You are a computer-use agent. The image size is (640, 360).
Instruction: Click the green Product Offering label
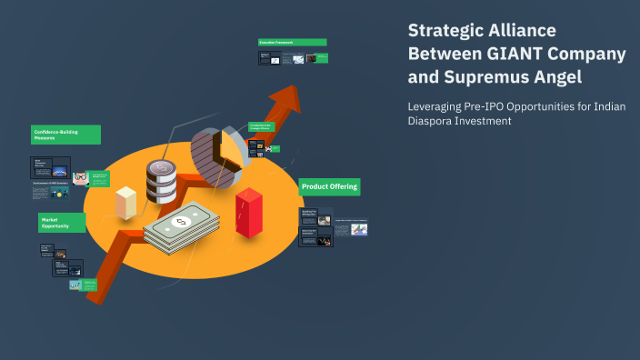(x=330, y=186)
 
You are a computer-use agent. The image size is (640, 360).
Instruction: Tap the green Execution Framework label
(x=292, y=42)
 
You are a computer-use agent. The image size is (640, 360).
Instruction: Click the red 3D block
(x=248, y=212)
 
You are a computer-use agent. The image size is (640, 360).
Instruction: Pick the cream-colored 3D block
(x=125, y=202)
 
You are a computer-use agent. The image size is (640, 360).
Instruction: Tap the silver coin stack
(x=162, y=181)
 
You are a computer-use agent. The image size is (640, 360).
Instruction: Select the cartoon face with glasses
(x=80, y=178)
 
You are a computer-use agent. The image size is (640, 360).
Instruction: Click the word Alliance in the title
(x=523, y=31)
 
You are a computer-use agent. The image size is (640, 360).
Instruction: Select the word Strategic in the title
(x=444, y=31)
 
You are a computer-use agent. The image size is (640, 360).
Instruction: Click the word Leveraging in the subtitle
(x=436, y=105)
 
